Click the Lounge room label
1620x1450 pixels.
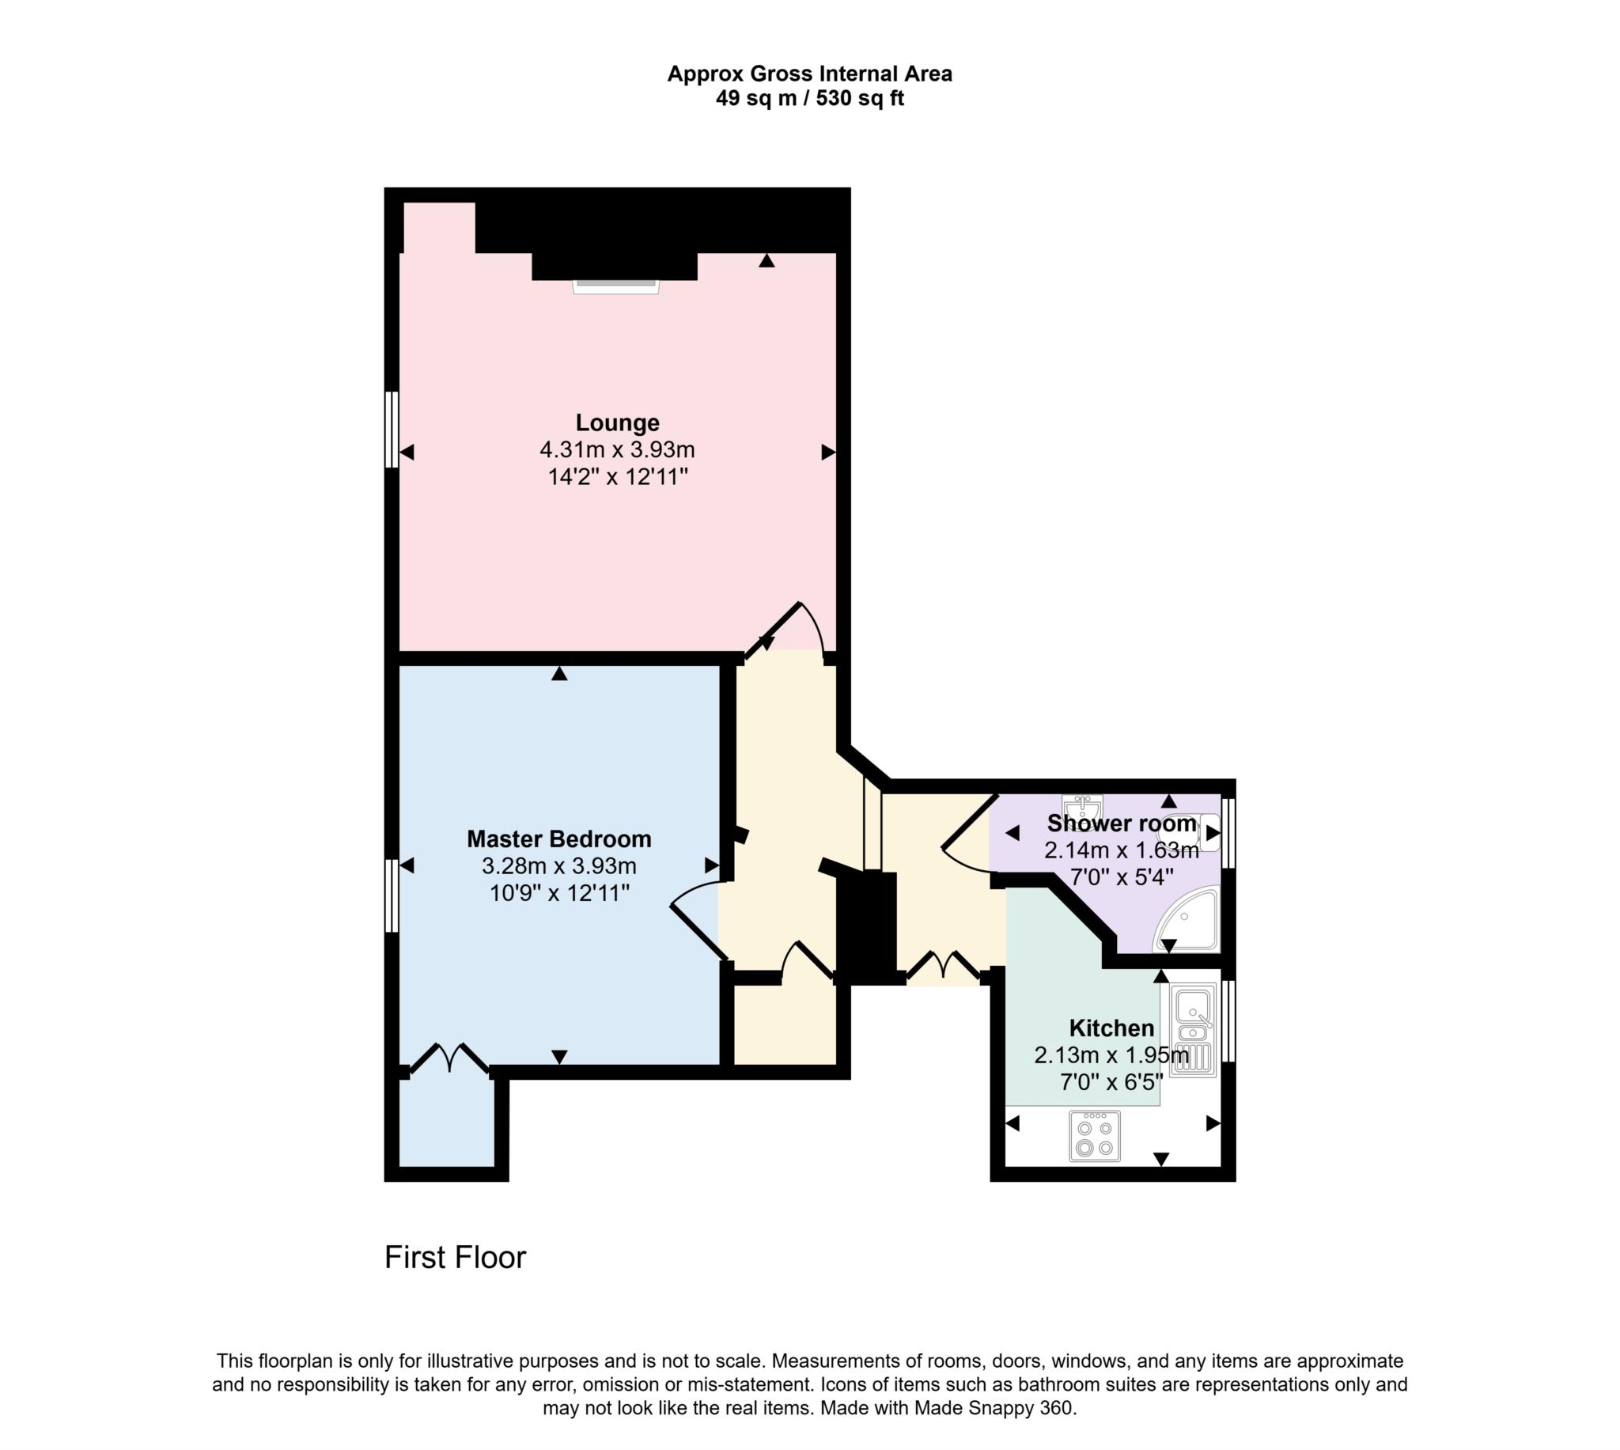point(617,422)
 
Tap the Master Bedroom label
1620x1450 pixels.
point(558,839)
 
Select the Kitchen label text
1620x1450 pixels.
point(1111,1028)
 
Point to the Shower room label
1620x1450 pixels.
point(1121,823)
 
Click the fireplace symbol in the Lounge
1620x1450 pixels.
point(615,286)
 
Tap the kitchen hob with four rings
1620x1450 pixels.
point(1094,1136)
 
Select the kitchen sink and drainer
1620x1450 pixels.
point(1192,1030)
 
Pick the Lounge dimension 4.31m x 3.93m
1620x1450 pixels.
point(617,450)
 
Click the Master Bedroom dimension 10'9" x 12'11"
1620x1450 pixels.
point(559,893)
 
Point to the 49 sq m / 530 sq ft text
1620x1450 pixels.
point(809,99)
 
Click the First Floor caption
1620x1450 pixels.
point(455,1257)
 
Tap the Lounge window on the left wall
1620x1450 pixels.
point(390,429)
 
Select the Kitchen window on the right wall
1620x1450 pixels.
point(1228,1021)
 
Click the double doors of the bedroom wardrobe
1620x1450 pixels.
point(449,1057)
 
